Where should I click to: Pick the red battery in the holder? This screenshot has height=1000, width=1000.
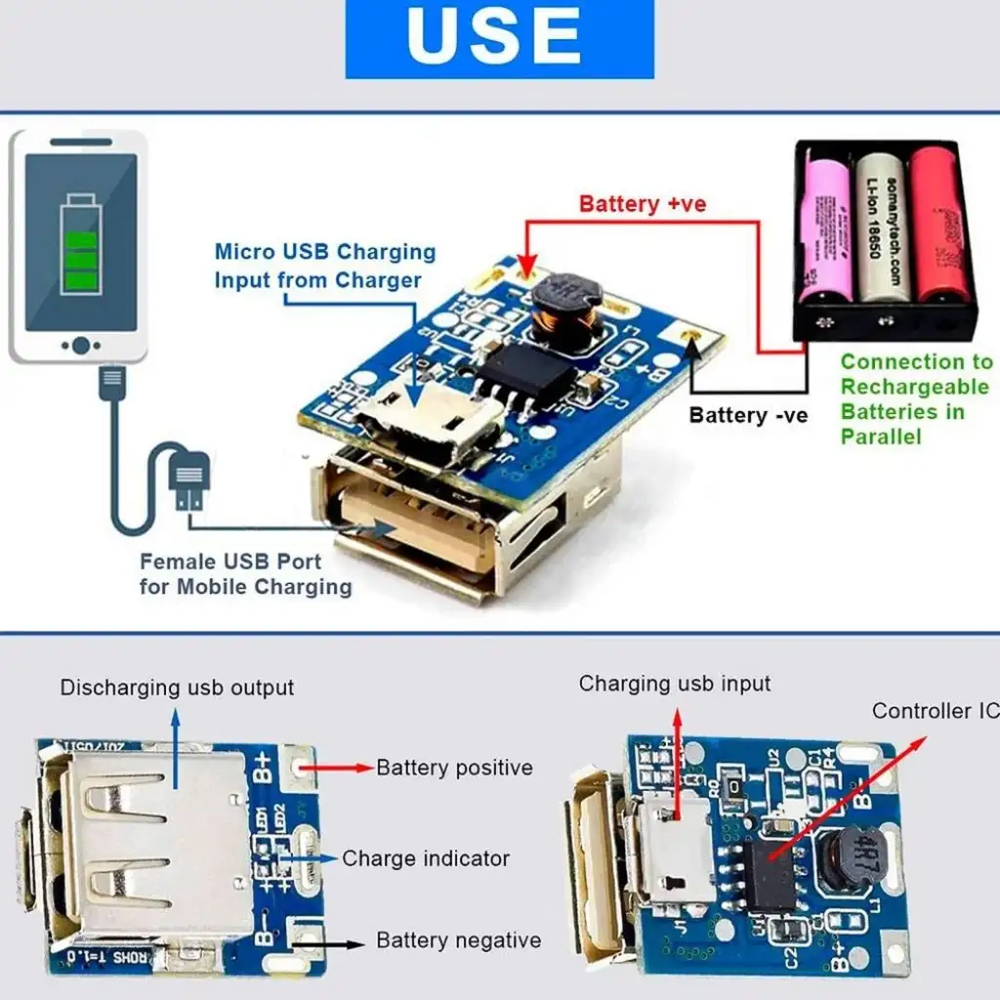(938, 227)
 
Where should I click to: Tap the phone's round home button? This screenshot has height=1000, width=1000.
(81, 345)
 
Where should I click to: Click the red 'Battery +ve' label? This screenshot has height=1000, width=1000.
(642, 204)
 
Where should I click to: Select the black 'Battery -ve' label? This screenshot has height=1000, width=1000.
(748, 415)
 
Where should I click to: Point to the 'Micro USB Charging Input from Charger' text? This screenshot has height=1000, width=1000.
(324, 266)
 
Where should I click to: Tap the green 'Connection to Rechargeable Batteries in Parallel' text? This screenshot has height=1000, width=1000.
(916, 398)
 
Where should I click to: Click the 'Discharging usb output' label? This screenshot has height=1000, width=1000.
(177, 687)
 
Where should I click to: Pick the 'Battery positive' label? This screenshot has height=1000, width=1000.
(454, 768)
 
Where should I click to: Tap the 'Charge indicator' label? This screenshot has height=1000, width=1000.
(425, 858)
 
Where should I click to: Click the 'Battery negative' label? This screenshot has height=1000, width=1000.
(458, 940)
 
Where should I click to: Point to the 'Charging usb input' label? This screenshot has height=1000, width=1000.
(675, 684)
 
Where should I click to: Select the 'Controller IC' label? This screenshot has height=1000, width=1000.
(935, 711)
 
